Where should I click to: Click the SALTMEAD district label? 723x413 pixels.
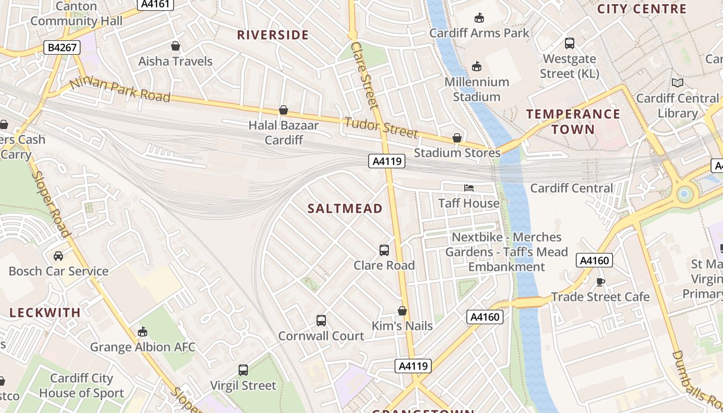(x=345, y=209)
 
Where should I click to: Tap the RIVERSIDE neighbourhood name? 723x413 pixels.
(x=273, y=35)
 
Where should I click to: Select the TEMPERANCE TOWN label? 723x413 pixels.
(x=573, y=121)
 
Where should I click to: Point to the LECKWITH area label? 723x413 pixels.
(x=45, y=313)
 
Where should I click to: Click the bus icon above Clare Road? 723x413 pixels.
(x=384, y=250)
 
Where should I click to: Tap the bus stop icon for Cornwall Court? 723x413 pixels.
(x=321, y=321)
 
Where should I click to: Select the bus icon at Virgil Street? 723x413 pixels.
(x=243, y=370)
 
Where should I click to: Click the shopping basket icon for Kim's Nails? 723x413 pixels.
(x=402, y=311)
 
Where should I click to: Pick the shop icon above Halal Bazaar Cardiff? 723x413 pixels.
(x=283, y=110)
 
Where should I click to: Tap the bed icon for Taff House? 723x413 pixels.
(x=469, y=188)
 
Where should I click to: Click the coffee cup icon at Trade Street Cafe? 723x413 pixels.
(x=600, y=282)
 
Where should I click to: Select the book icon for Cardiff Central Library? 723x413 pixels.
(x=677, y=83)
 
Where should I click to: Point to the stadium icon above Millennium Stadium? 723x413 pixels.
(x=477, y=67)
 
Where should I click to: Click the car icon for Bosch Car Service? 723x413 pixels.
(x=58, y=256)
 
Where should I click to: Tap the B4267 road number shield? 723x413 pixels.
(x=62, y=48)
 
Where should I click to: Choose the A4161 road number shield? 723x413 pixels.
(x=155, y=4)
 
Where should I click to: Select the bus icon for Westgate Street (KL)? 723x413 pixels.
(x=570, y=43)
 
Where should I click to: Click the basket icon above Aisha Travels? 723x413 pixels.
(x=176, y=46)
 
